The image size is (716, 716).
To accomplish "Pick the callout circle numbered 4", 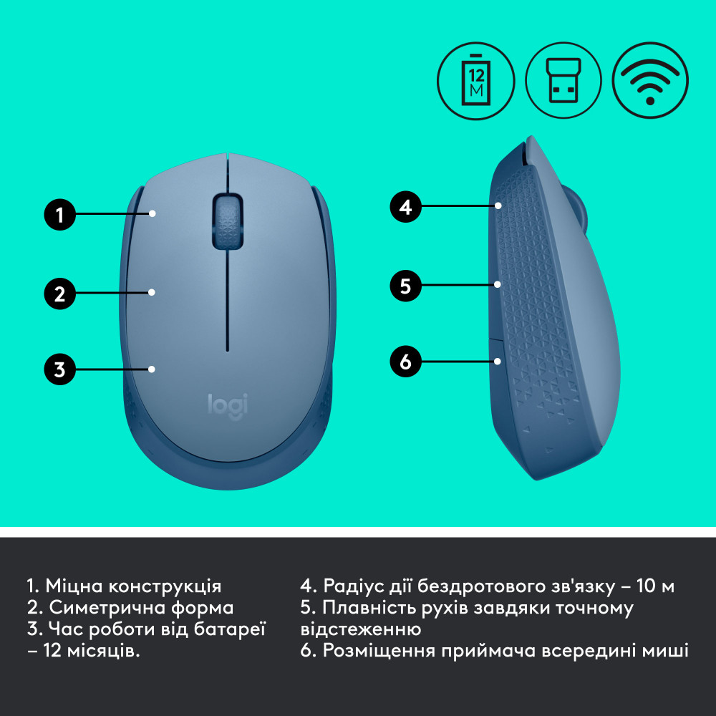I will pos(406,208).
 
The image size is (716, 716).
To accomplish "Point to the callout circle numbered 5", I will pos(406,286).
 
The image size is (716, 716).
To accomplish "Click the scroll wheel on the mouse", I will pos(226,220).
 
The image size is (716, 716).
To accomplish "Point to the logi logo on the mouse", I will pos(228,405).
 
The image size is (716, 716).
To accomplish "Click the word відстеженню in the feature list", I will pos(361,629).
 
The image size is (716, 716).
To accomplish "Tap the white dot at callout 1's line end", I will pos(153,213).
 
